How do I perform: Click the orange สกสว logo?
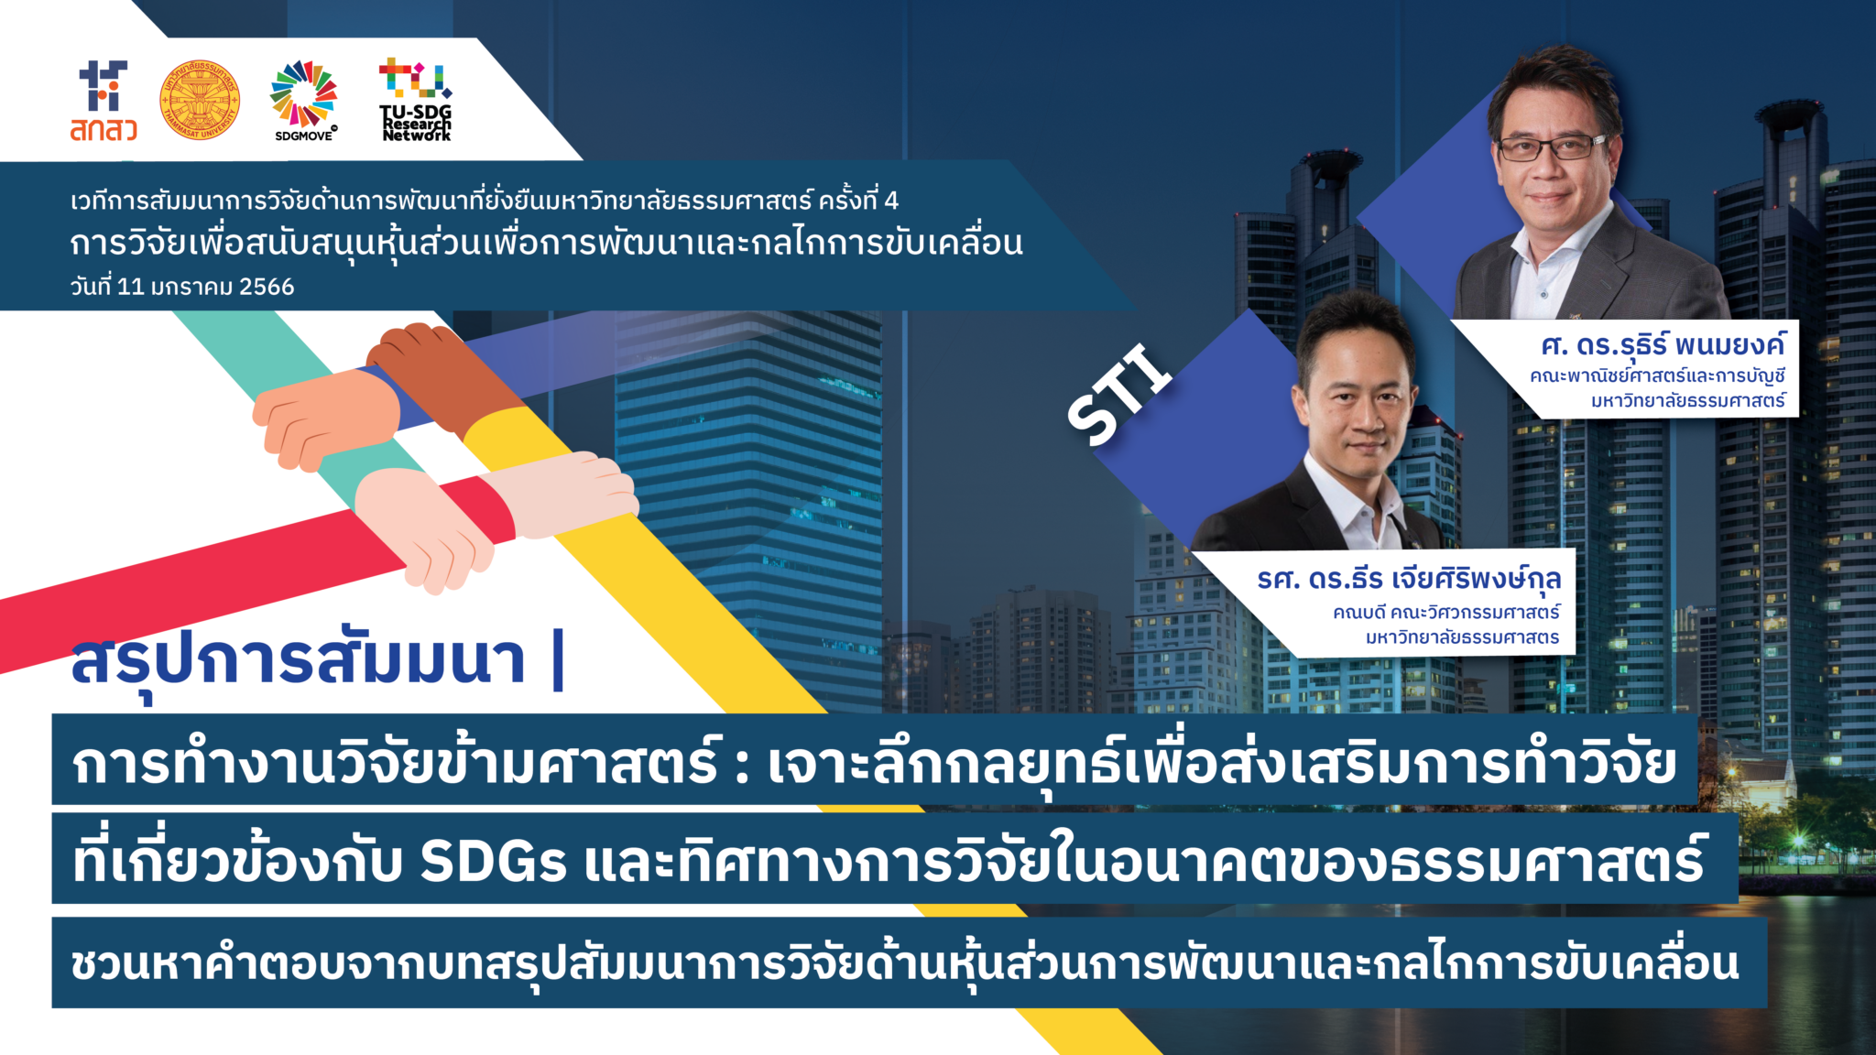pos(104,102)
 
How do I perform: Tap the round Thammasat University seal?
pos(200,101)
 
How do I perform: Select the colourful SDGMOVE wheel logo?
pos(303,96)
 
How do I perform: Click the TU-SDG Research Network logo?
pos(416,100)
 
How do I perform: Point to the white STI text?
pos(1119,395)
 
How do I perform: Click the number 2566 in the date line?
pos(267,287)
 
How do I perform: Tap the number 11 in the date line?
pos(131,287)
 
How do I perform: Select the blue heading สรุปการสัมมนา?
pos(299,661)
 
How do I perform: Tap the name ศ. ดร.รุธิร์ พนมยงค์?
pos(1663,346)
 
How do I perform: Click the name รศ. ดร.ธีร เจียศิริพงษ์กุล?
pos(1409,580)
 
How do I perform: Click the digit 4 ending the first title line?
pos(891,201)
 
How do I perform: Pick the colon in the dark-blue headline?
pos(741,766)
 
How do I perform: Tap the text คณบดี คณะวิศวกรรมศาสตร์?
pos(1446,612)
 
